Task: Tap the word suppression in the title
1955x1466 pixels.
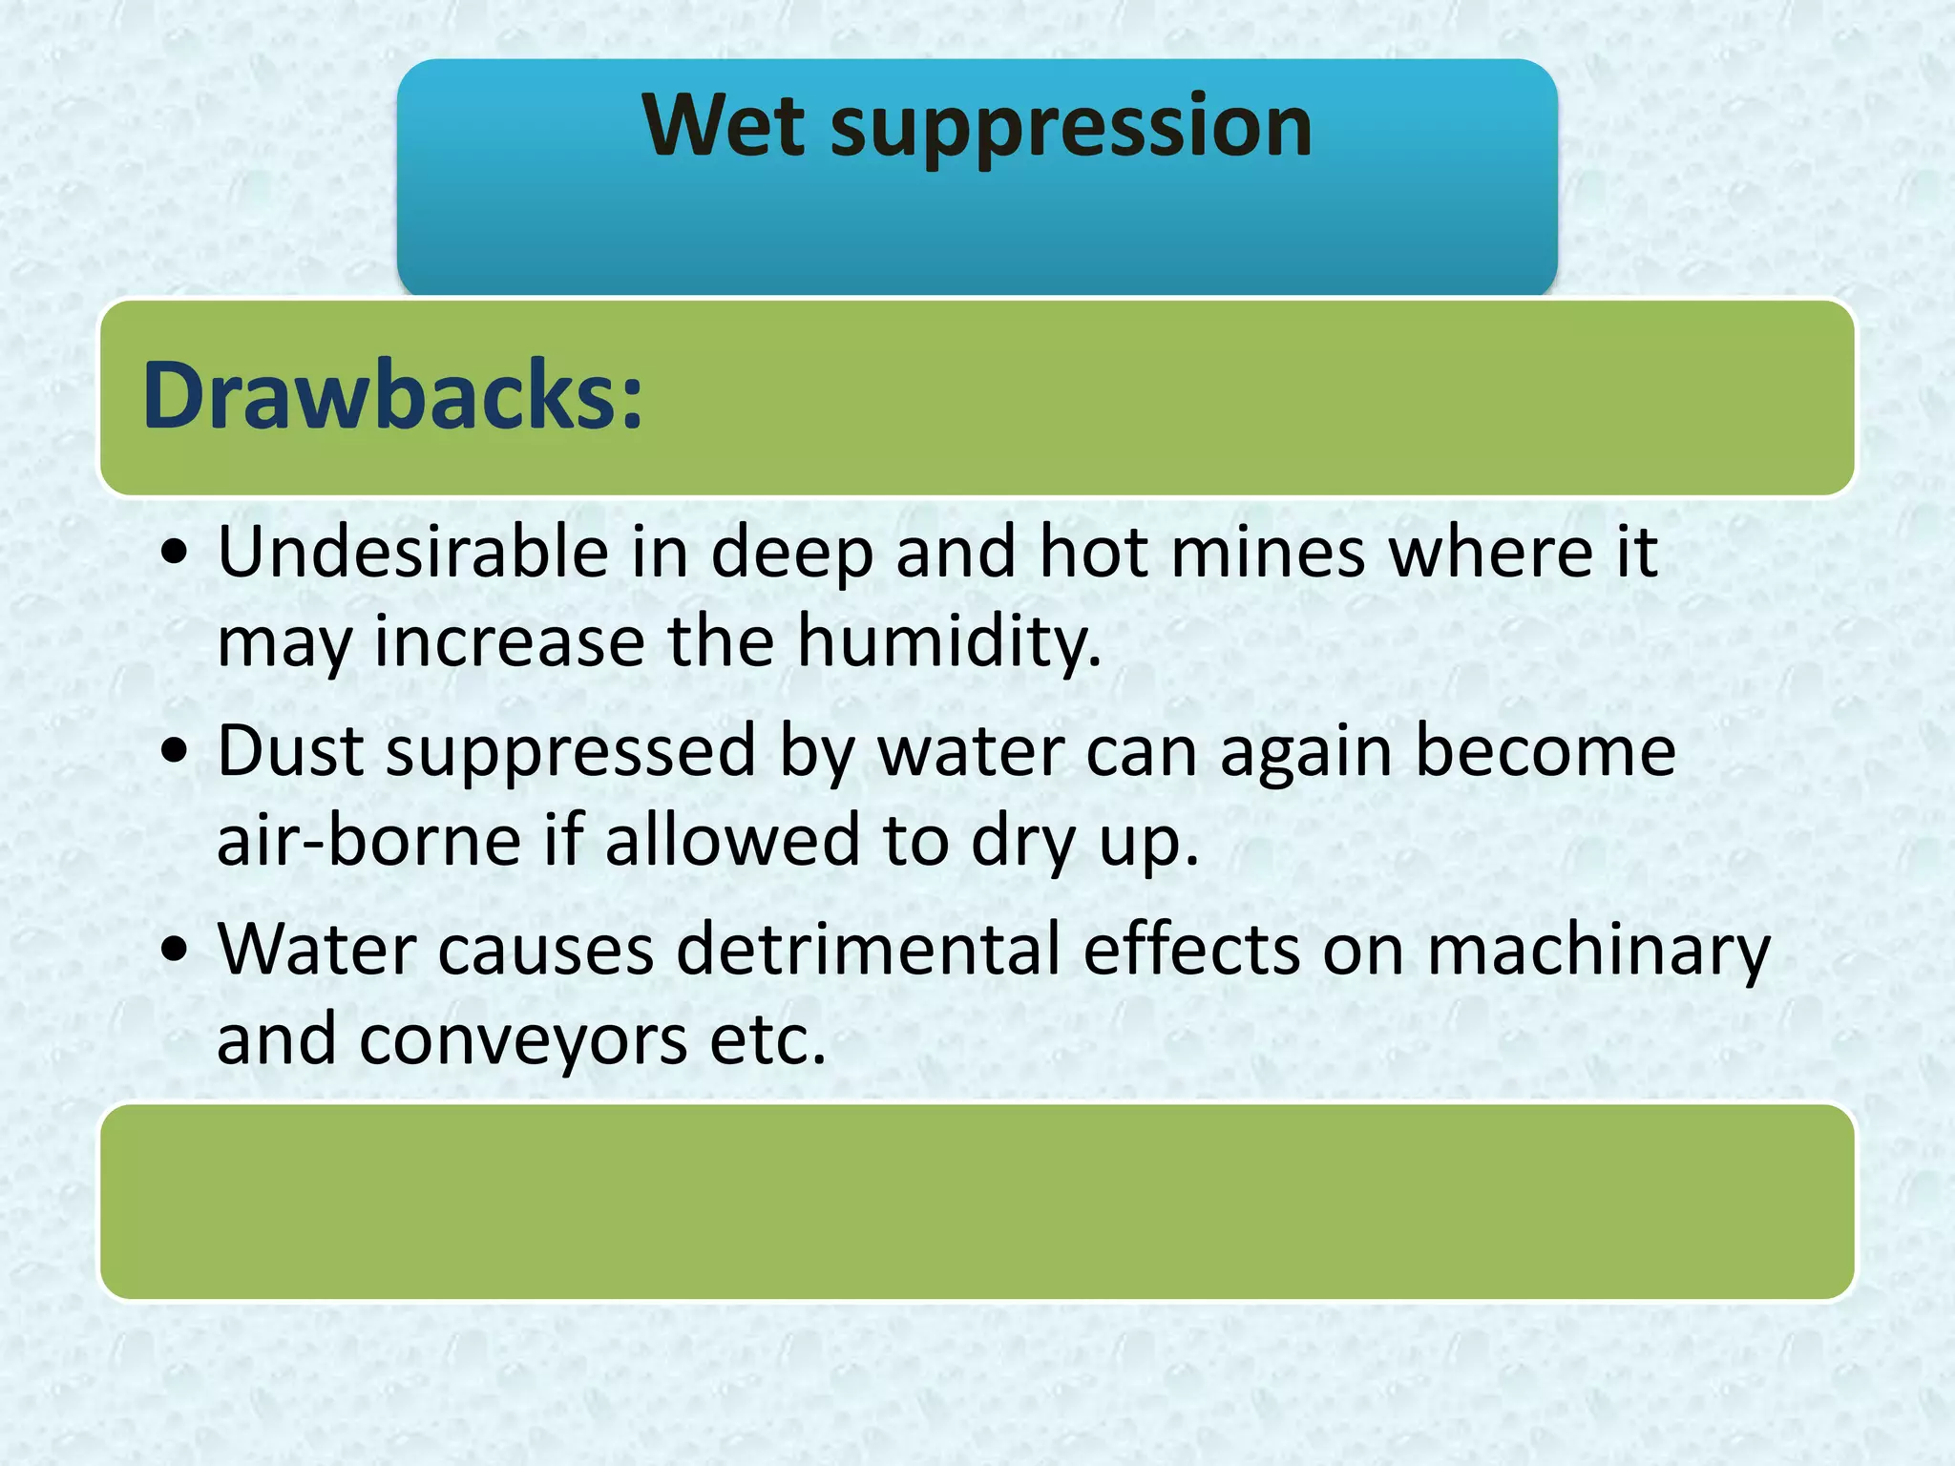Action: tap(1071, 129)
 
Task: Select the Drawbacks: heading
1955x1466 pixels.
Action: tap(392, 395)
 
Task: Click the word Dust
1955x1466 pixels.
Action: tap(290, 750)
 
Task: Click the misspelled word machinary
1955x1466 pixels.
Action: tap(1598, 951)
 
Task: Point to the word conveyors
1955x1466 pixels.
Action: tap(523, 1039)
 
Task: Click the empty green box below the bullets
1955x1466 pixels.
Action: tap(977, 1202)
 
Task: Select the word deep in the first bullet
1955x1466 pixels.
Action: tap(792, 554)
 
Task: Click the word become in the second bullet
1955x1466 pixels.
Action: tap(1545, 750)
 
